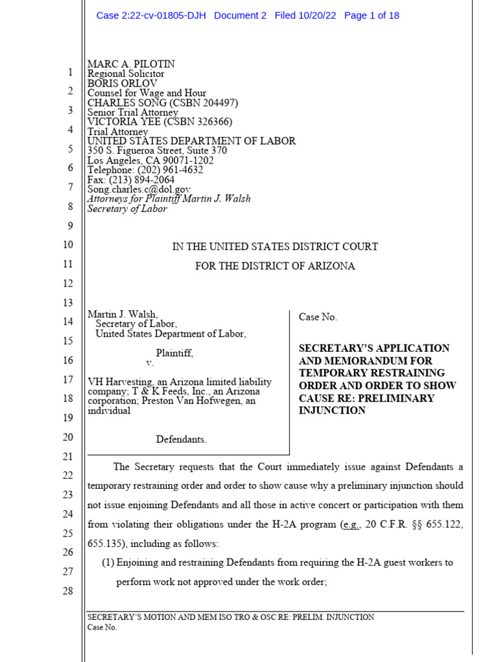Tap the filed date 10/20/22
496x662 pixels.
click(x=317, y=16)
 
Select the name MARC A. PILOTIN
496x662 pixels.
click(x=131, y=64)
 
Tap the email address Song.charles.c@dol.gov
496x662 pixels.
click(x=139, y=189)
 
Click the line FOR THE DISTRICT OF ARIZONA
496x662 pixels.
click(x=275, y=266)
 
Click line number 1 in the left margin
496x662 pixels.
click(x=70, y=72)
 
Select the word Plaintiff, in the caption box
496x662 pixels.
click(x=174, y=353)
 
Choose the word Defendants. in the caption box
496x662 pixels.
click(x=181, y=440)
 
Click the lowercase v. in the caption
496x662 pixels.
click(x=150, y=363)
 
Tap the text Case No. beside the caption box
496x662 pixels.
click(x=318, y=317)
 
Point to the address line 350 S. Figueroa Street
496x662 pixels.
click(x=157, y=151)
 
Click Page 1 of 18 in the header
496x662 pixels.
click(x=372, y=16)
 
